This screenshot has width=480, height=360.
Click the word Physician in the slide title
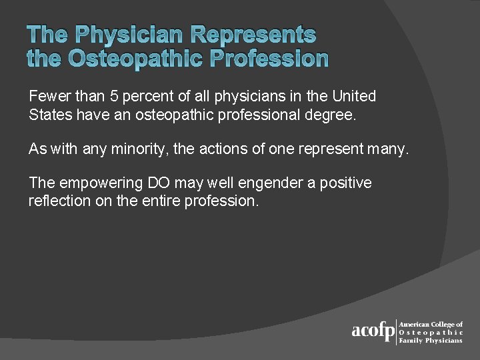[x=131, y=35]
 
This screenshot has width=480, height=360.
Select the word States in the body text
[x=49, y=115]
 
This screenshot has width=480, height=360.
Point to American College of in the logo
[x=431, y=324]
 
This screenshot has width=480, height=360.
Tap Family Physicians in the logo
[x=430, y=341]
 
